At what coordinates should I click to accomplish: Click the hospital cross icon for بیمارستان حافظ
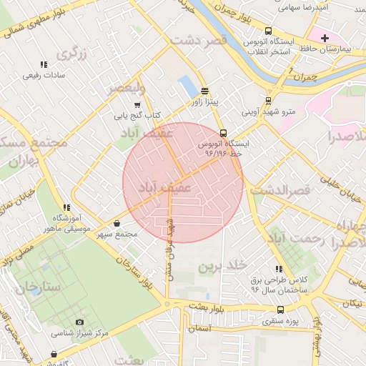click(325, 38)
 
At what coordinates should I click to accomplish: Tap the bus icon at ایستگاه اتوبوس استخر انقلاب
click(268, 31)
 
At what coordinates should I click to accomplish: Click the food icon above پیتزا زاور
click(205, 91)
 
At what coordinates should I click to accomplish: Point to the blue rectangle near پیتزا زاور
click(188, 86)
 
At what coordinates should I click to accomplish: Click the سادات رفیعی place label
click(44, 75)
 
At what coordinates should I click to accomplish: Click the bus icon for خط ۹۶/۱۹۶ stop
click(223, 133)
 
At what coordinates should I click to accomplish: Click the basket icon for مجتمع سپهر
click(117, 224)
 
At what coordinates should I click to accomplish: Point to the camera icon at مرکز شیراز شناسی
click(79, 322)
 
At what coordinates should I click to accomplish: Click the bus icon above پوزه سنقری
click(280, 310)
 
